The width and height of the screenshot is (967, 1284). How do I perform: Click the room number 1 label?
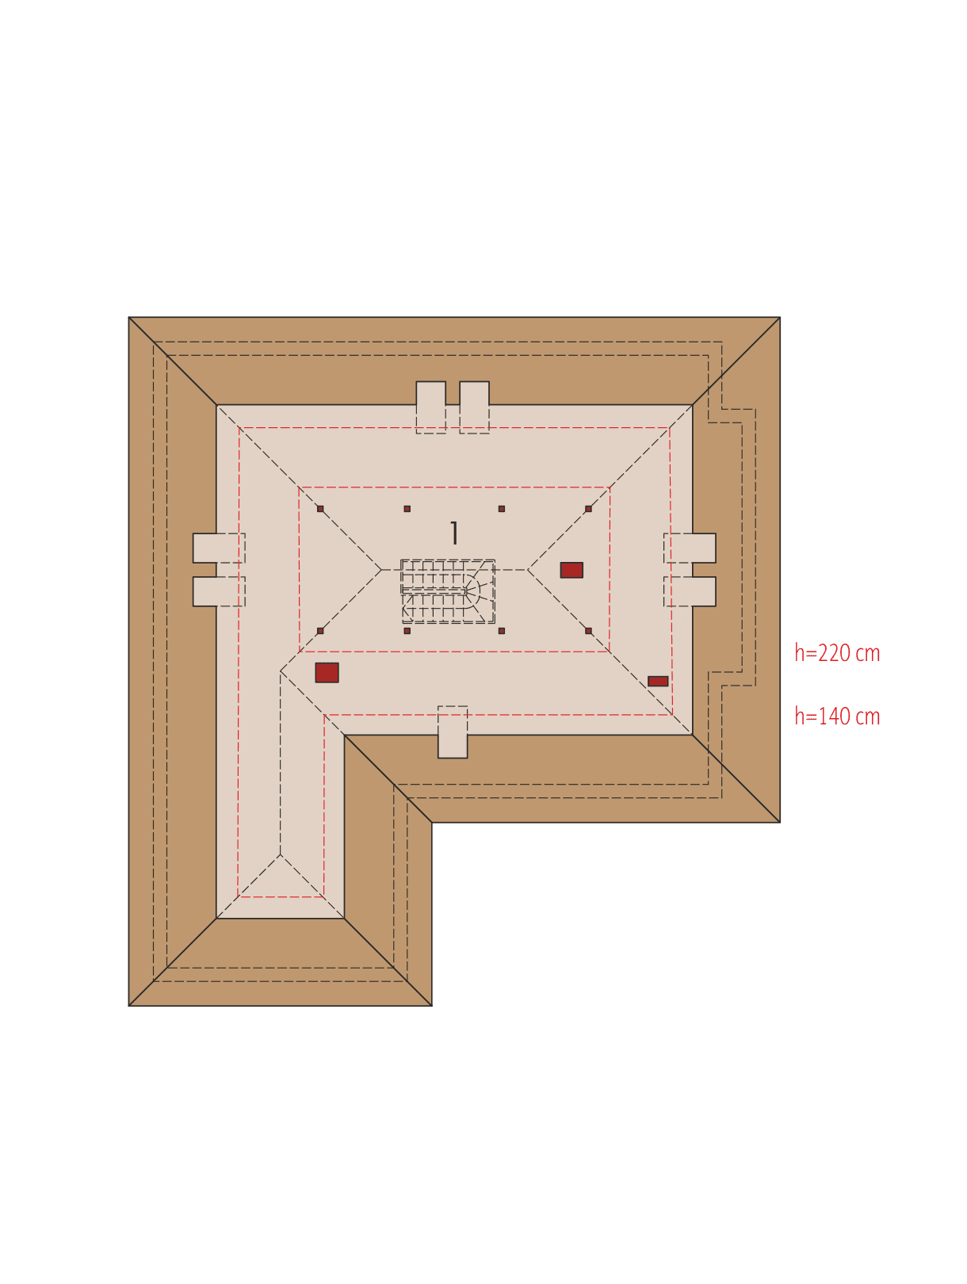(x=453, y=533)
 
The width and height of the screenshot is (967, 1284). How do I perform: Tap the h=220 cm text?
(x=836, y=653)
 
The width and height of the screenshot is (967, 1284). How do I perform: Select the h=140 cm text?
(x=836, y=716)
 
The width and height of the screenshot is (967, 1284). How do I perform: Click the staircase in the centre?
(x=448, y=591)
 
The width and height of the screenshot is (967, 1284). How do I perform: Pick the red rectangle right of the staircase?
(x=571, y=570)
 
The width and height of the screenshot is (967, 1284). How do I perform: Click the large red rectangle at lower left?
(x=327, y=673)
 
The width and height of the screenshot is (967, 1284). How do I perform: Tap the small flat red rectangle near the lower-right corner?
(x=658, y=681)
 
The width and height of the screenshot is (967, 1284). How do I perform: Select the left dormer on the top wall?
(x=431, y=407)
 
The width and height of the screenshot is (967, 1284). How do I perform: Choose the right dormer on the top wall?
(x=475, y=407)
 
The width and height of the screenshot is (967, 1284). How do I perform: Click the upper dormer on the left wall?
(x=219, y=548)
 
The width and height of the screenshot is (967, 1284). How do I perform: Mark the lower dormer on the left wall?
(x=219, y=591)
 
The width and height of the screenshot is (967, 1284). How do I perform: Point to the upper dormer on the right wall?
(x=690, y=548)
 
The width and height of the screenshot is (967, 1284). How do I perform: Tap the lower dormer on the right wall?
(x=690, y=591)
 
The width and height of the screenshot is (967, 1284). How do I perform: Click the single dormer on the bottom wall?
(x=453, y=732)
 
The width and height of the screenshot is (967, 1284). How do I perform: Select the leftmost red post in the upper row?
(x=320, y=509)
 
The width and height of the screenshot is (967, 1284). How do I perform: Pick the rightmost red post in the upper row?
(x=588, y=509)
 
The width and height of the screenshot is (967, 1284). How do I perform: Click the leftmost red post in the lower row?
(x=320, y=631)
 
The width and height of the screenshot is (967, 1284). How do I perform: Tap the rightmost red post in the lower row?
(x=588, y=631)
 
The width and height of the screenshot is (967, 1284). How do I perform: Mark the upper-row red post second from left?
(x=407, y=509)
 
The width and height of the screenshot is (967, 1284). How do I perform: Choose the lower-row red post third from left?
(x=502, y=631)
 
